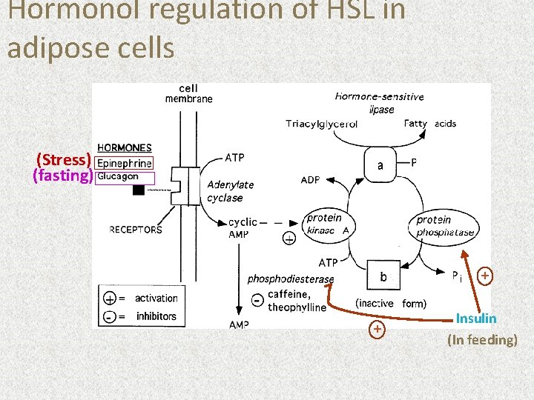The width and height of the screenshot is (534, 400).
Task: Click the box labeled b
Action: coord(383,277)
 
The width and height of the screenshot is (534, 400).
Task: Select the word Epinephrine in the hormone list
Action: coord(125,163)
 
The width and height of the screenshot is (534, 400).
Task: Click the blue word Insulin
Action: coord(476,319)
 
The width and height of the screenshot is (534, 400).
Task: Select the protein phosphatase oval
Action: coord(444,226)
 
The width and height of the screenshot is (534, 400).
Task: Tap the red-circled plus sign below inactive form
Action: coord(378,329)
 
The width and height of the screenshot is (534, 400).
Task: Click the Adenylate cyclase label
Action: coord(230,191)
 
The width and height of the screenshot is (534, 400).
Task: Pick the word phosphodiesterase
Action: coord(291,279)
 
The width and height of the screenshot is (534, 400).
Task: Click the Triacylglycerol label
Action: coord(321,124)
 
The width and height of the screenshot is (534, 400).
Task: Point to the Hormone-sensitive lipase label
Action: coord(380,103)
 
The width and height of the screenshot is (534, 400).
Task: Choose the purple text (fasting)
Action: coord(63,176)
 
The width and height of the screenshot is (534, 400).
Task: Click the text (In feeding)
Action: coord(482,340)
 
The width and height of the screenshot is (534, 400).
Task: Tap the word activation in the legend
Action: coord(156,298)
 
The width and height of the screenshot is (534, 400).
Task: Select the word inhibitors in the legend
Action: coord(156,316)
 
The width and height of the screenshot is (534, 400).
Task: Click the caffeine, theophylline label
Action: coord(297,301)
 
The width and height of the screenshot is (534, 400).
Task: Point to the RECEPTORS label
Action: coord(136,230)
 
